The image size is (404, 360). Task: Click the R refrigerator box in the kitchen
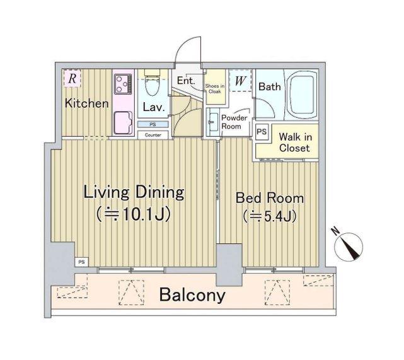pyautogui.click(x=72, y=78)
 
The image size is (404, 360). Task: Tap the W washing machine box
pyautogui.click(x=240, y=81)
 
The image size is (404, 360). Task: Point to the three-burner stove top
pyautogui.click(x=123, y=84)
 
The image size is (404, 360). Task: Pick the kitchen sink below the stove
pyautogui.click(x=123, y=123)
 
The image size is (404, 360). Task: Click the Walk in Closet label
pyautogui.click(x=295, y=142)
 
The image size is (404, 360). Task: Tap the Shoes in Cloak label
pyautogui.click(x=215, y=89)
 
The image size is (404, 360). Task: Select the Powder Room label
pyautogui.click(x=234, y=122)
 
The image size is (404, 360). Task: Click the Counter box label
pyautogui.click(x=153, y=135)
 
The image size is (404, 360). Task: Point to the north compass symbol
pyautogui.click(x=348, y=245)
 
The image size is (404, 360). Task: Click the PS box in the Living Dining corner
pyautogui.click(x=81, y=262)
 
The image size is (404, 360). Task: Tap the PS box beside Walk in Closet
pyautogui.click(x=262, y=132)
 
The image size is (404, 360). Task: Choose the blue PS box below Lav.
pyautogui.click(x=153, y=124)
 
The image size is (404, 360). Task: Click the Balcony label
pyautogui.click(x=192, y=295)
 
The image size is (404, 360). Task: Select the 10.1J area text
pyautogui.click(x=134, y=214)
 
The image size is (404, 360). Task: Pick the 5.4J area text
pyautogui.click(x=270, y=216)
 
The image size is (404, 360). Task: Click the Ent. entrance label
pyautogui.click(x=186, y=81)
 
